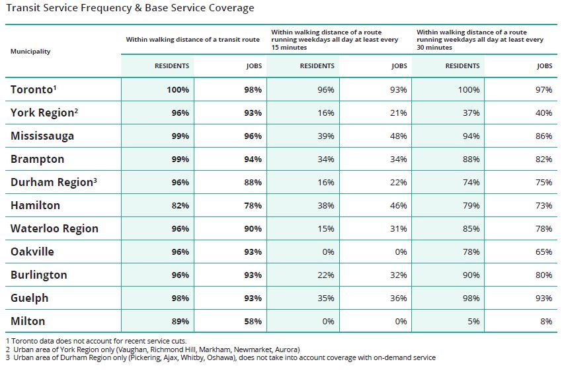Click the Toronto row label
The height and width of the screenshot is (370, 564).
[35, 89]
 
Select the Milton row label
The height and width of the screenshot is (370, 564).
[28, 321]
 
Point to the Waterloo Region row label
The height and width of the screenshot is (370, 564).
[54, 228]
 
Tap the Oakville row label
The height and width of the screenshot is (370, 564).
[32, 252]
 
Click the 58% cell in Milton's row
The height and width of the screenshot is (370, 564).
[253, 321]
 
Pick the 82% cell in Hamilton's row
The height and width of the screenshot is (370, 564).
[180, 205]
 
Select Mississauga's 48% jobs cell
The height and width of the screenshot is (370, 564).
[398, 136]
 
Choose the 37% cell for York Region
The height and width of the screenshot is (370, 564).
[471, 113]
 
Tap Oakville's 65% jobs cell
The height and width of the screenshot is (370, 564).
[544, 252]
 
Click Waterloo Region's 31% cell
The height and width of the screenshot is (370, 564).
[398, 228]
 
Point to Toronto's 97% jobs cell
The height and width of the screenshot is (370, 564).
[544, 89]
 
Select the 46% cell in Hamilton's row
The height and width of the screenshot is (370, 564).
[398, 205]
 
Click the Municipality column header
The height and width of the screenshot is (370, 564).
[30, 51]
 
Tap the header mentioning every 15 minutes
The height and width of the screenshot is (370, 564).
[327, 40]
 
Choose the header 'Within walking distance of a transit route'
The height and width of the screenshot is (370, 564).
[192, 40]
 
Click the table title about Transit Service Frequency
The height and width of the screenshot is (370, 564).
[130, 8]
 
